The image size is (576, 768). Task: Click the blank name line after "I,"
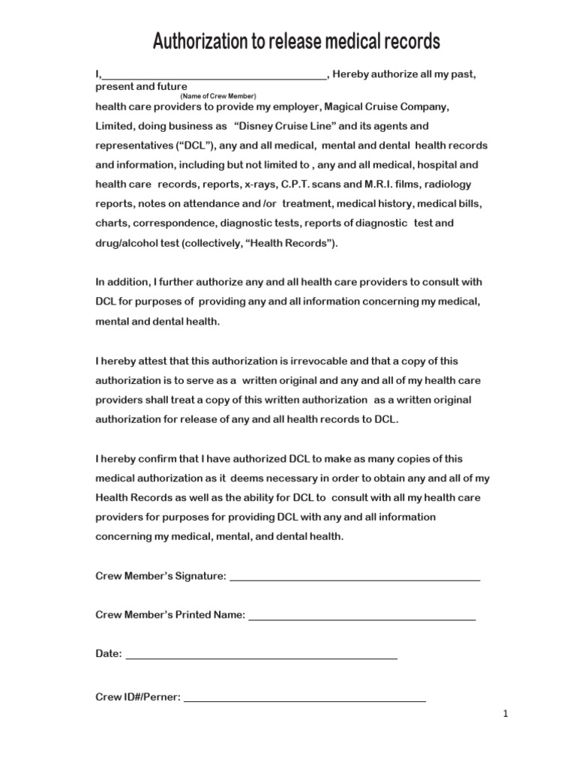point(213,76)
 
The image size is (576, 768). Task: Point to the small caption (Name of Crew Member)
point(218,97)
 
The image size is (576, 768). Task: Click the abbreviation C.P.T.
point(283,184)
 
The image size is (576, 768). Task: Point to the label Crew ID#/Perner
point(138,697)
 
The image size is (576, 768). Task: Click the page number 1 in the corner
point(506,715)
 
